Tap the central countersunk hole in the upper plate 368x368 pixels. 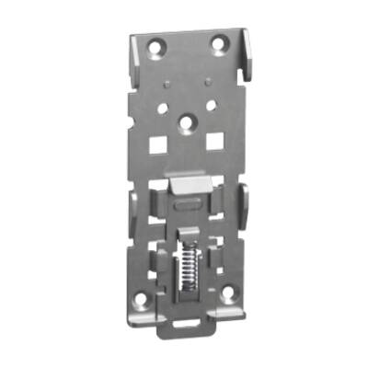coord(188,121)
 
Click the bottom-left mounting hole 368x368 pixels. coord(141,300)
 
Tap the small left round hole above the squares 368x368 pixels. coord(162,108)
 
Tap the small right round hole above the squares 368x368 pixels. coord(211,105)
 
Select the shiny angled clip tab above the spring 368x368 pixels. coord(190,187)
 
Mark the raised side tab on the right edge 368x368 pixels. coord(243,198)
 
